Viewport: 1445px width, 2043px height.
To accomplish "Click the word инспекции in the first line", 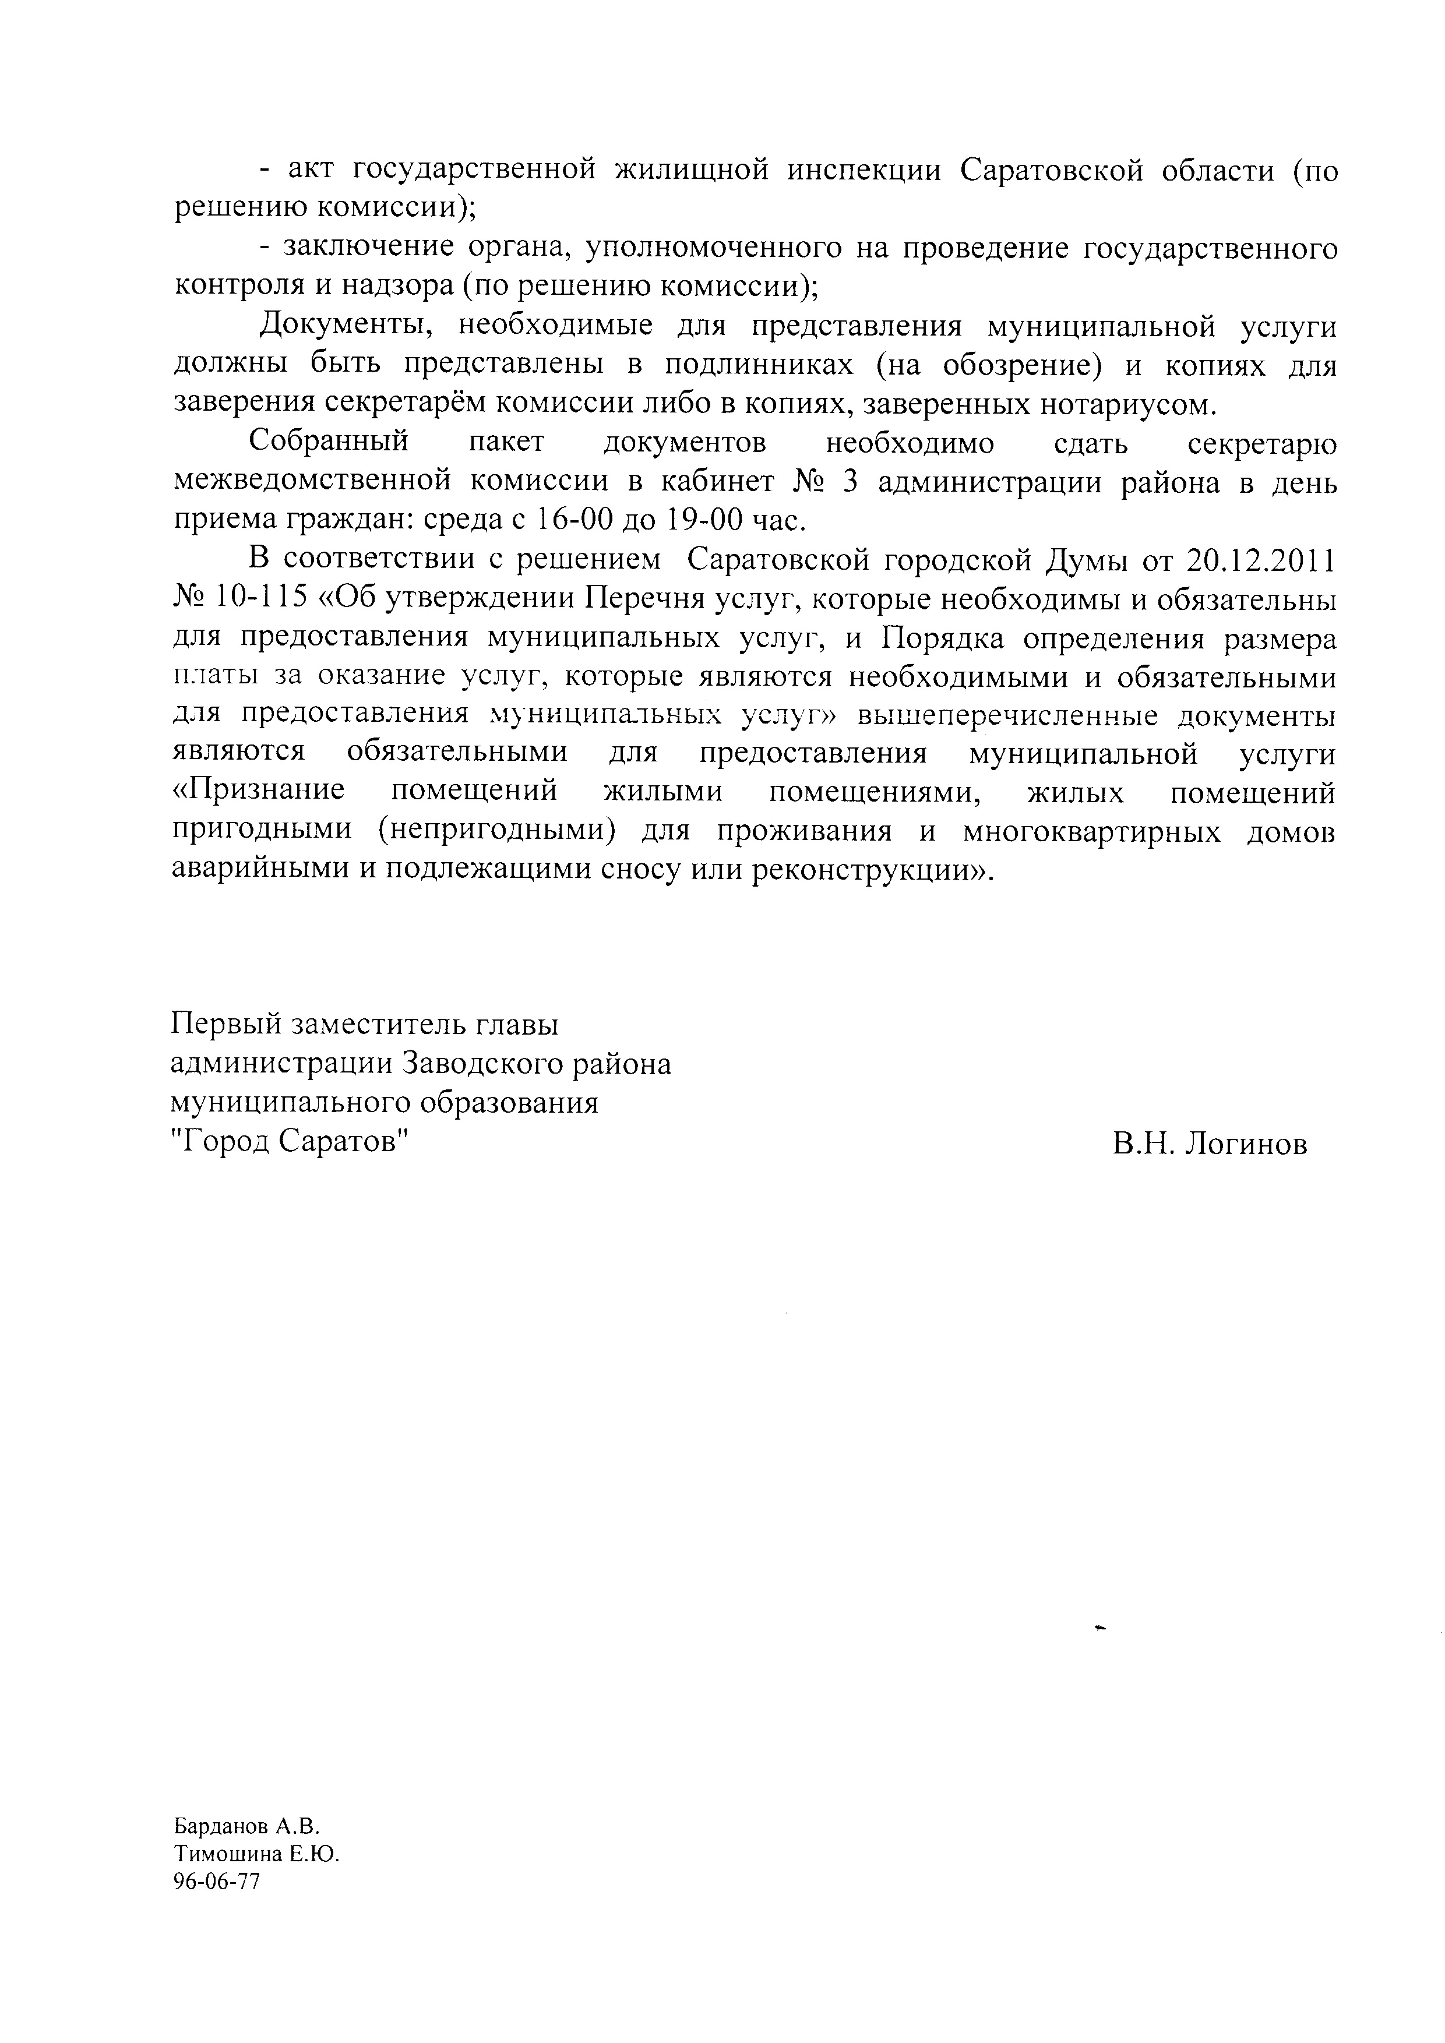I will click(863, 170).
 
